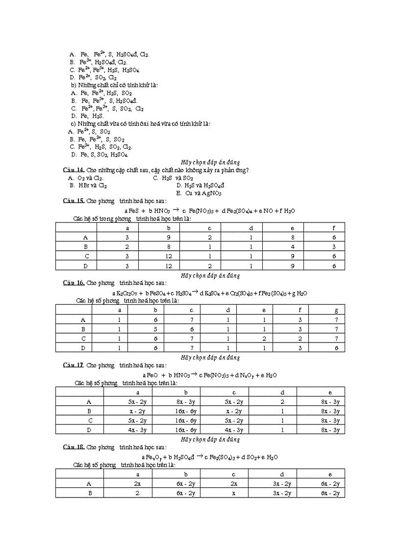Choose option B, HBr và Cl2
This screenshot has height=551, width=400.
(x=89, y=185)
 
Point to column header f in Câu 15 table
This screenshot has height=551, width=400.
(x=334, y=228)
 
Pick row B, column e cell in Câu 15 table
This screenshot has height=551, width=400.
(x=292, y=247)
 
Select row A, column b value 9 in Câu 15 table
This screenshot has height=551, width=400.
(x=169, y=237)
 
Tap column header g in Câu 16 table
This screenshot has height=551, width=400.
(x=336, y=310)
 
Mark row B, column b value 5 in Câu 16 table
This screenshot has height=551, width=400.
(x=155, y=329)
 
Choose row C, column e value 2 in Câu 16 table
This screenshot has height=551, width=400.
(x=264, y=339)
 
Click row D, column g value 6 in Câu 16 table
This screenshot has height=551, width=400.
(x=336, y=348)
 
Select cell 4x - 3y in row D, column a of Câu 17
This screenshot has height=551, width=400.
(x=137, y=430)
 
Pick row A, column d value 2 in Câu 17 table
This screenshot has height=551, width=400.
(x=282, y=402)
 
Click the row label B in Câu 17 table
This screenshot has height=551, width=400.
(x=89, y=411)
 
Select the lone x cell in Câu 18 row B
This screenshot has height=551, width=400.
(x=234, y=493)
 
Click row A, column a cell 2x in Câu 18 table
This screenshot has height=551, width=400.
(x=137, y=484)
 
